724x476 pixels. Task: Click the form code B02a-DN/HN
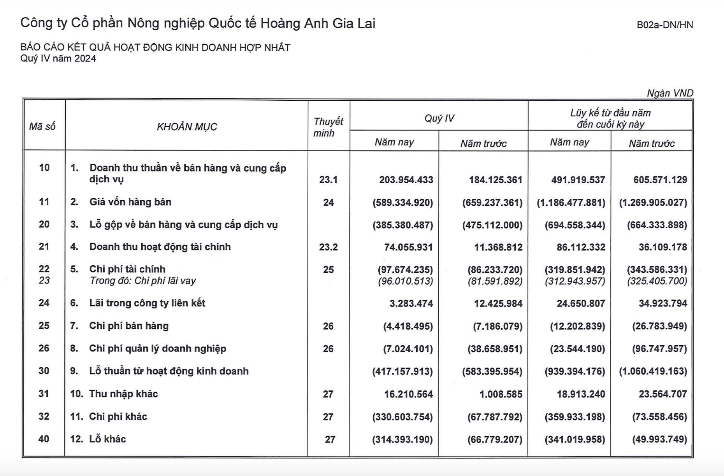tap(664, 25)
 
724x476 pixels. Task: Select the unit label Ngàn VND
tap(670, 93)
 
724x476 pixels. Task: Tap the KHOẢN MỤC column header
tap(187, 127)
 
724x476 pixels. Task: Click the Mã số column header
tap(42, 126)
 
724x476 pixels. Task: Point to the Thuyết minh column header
tap(328, 127)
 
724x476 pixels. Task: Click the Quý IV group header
tap(439, 118)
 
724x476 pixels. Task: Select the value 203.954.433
tap(406, 180)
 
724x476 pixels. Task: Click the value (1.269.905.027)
tap(653, 203)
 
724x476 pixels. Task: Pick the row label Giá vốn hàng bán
tap(130, 202)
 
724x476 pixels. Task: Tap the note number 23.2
tap(328, 247)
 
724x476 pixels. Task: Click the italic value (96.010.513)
tap(405, 281)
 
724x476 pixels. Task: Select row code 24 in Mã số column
tap(44, 303)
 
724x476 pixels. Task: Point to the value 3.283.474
tap(411, 303)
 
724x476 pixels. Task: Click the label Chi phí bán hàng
tap(129, 326)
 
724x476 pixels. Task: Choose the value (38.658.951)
tap(495, 349)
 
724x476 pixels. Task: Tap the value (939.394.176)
tap(575, 371)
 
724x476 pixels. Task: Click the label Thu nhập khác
tap(123, 394)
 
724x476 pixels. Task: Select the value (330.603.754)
tap(402, 417)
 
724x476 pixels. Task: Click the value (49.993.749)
tap(659, 439)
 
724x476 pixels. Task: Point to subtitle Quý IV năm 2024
tap(58, 59)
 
